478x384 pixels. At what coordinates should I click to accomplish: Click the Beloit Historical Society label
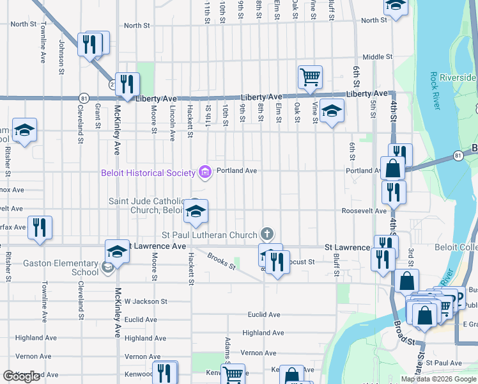[148, 173]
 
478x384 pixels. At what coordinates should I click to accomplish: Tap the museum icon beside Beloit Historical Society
[205, 171]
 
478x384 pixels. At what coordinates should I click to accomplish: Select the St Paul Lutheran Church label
[209, 235]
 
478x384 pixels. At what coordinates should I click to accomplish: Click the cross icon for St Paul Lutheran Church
[267, 234]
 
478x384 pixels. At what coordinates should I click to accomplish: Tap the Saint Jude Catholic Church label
[147, 205]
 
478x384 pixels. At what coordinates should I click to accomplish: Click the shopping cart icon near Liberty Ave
[310, 77]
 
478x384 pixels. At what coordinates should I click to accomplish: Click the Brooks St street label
[221, 262]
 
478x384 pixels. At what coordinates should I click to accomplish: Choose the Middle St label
[378, 57]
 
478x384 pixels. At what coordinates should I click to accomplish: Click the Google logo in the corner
[22, 377]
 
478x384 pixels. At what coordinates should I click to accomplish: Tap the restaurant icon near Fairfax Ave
[40, 227]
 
